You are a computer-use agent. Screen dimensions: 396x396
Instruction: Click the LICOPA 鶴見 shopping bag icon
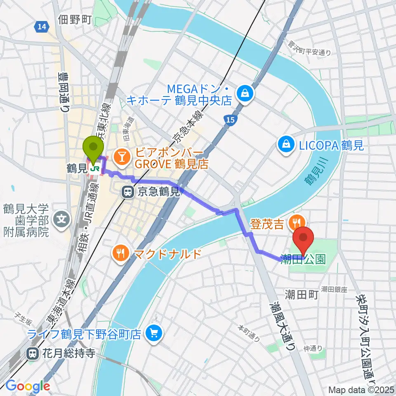pos(285,144)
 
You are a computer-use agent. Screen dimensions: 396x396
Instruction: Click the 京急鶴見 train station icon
pos(127,191)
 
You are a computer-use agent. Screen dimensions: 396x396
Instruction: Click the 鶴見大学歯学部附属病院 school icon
pos(62,216)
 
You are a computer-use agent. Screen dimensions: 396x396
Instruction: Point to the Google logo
pos(28,386)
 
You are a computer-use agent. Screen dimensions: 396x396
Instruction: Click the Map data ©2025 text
pos(361,389)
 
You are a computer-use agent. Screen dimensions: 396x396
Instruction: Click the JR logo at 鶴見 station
pos(94,169)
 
